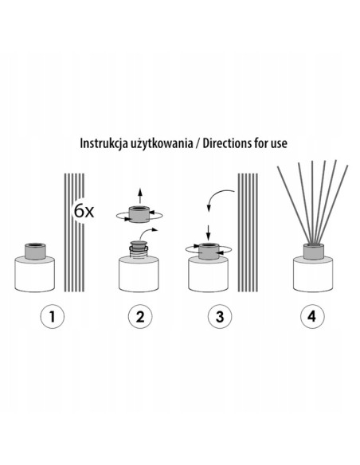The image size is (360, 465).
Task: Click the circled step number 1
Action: tap(53, 317)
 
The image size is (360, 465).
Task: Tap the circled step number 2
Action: tap(140, 317)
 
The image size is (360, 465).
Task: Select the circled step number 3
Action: tap(220, 317)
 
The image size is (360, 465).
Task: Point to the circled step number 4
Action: tap(312, 317)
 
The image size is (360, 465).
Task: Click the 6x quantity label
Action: tap(84, 211)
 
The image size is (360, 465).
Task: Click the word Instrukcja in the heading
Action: tap(104, 143)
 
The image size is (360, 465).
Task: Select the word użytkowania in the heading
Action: tap(160, 144)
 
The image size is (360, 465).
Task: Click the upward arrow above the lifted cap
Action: tap(140, 196)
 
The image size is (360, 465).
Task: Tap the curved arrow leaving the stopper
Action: tap(147, 232)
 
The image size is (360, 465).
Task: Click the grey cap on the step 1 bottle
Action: tap(35, 251)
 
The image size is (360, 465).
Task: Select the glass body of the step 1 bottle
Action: tap(35, 274)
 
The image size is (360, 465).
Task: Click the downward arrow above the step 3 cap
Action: tap(208, 232)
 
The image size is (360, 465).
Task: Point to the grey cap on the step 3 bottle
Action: tap(208, 251)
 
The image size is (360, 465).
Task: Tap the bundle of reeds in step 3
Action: tap(248, 232)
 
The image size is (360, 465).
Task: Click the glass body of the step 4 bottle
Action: tap(313, 274)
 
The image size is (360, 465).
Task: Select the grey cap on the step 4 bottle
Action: tap(313, 251)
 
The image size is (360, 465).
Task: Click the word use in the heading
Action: tap(280, 144)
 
